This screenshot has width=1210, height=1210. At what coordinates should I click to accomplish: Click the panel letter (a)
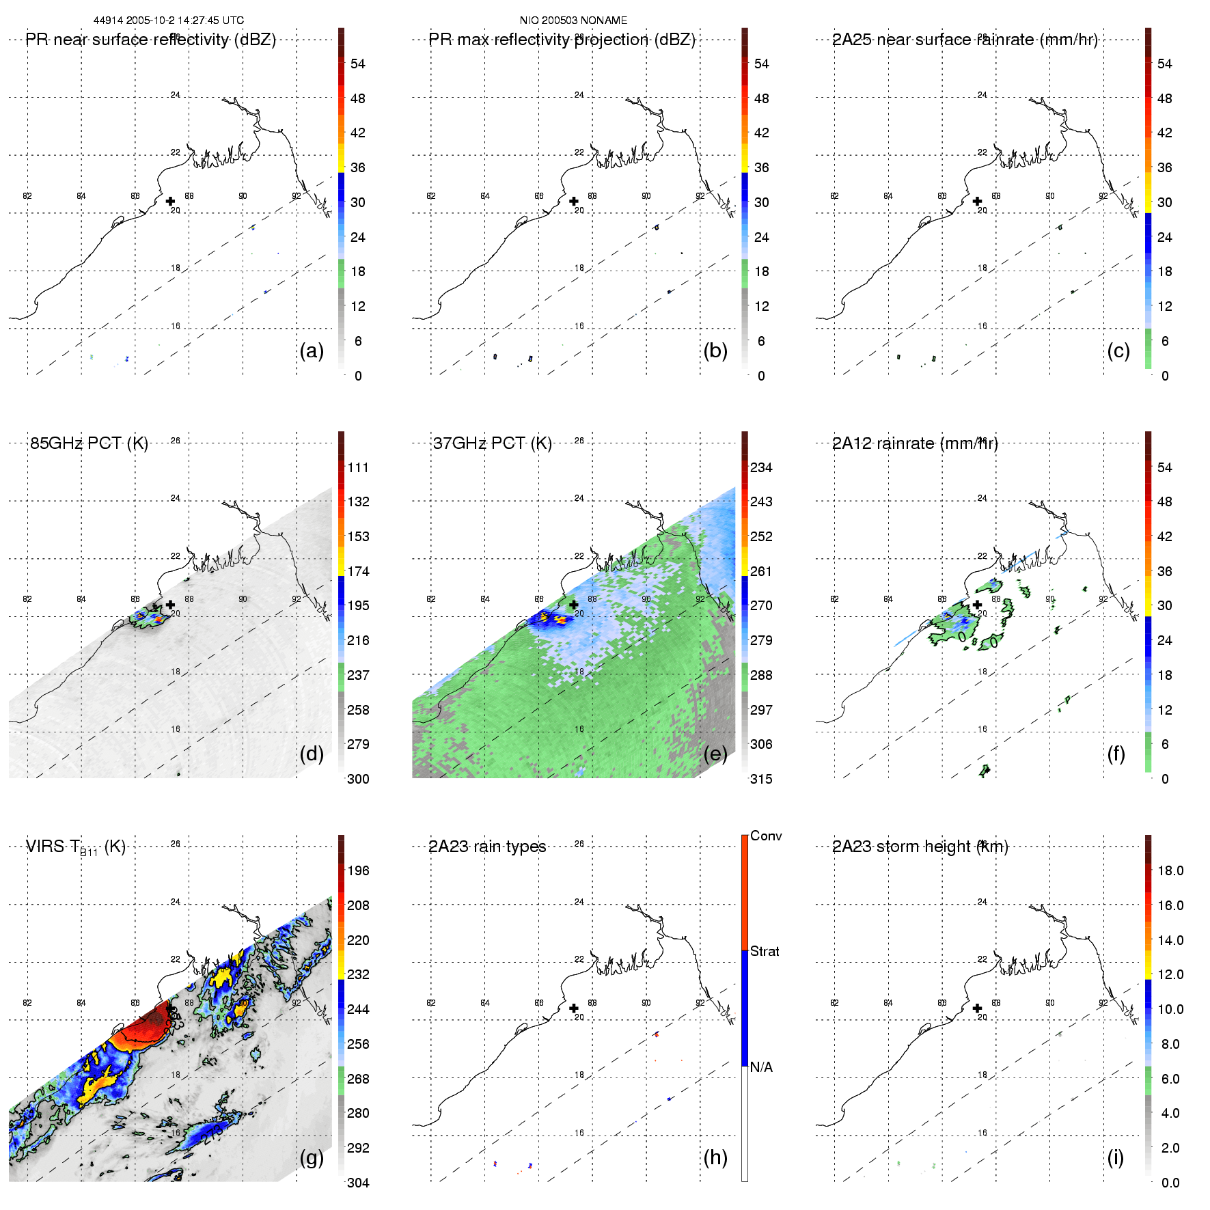[311, 350]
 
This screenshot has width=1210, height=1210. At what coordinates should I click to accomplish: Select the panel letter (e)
[715, 754]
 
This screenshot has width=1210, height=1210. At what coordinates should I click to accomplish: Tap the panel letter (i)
[1115, 1157]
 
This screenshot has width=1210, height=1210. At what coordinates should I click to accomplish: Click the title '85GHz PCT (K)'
[89, 443]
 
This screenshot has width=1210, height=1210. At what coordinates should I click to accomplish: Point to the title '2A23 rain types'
[487, 847]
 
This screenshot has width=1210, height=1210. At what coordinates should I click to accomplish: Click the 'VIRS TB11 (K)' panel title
[75, 847]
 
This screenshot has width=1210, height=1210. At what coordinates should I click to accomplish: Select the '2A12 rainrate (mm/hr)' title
[915, 443]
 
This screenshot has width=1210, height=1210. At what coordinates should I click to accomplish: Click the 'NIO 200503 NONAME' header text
[573, 20]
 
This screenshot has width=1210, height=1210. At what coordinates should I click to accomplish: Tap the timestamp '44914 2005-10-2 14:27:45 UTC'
[168, 20]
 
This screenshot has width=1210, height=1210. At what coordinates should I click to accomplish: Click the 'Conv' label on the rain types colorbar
[766, 836]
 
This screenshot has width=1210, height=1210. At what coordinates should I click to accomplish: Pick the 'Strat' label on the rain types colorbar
[765, 951]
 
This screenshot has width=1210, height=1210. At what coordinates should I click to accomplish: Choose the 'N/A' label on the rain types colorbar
[761, 1067]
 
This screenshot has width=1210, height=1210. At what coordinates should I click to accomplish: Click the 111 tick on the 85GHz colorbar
[358, 467]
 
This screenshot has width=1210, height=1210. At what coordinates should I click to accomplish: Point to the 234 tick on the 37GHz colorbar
[761, 467]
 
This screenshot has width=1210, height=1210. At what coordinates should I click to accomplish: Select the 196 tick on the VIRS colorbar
[358, 870]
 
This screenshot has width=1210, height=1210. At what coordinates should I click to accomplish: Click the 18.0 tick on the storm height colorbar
[1170, 870]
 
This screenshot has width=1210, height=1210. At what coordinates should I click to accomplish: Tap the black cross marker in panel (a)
[170, 201]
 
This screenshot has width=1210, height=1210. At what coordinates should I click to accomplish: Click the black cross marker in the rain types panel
[574, 1008]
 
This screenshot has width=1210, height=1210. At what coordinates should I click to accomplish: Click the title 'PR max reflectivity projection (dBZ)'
[562, 40]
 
